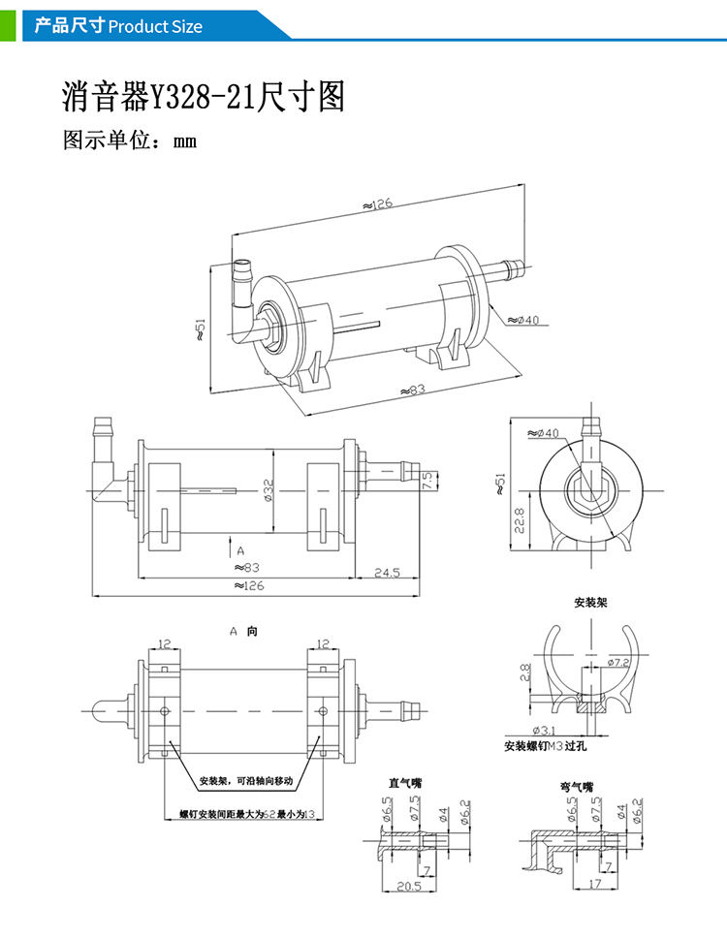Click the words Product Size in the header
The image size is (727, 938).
pos(155,26)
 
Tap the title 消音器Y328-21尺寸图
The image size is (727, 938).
pos(203,97)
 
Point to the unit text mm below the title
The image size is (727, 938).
pos(185,141)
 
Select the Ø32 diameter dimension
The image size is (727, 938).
pos(268,493)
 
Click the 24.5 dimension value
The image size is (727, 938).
pos(388,573)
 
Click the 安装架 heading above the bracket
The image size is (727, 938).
pos(590,603)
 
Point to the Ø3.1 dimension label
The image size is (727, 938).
pos(545,729)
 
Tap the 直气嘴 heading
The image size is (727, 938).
pos(405,782)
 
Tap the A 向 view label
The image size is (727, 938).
pos(243,631)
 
